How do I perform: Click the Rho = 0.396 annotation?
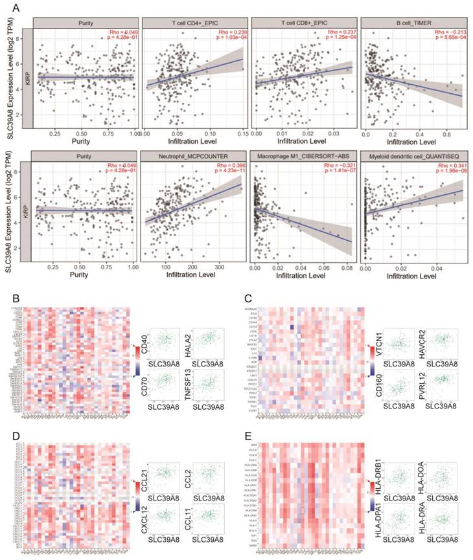coord(227,167)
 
